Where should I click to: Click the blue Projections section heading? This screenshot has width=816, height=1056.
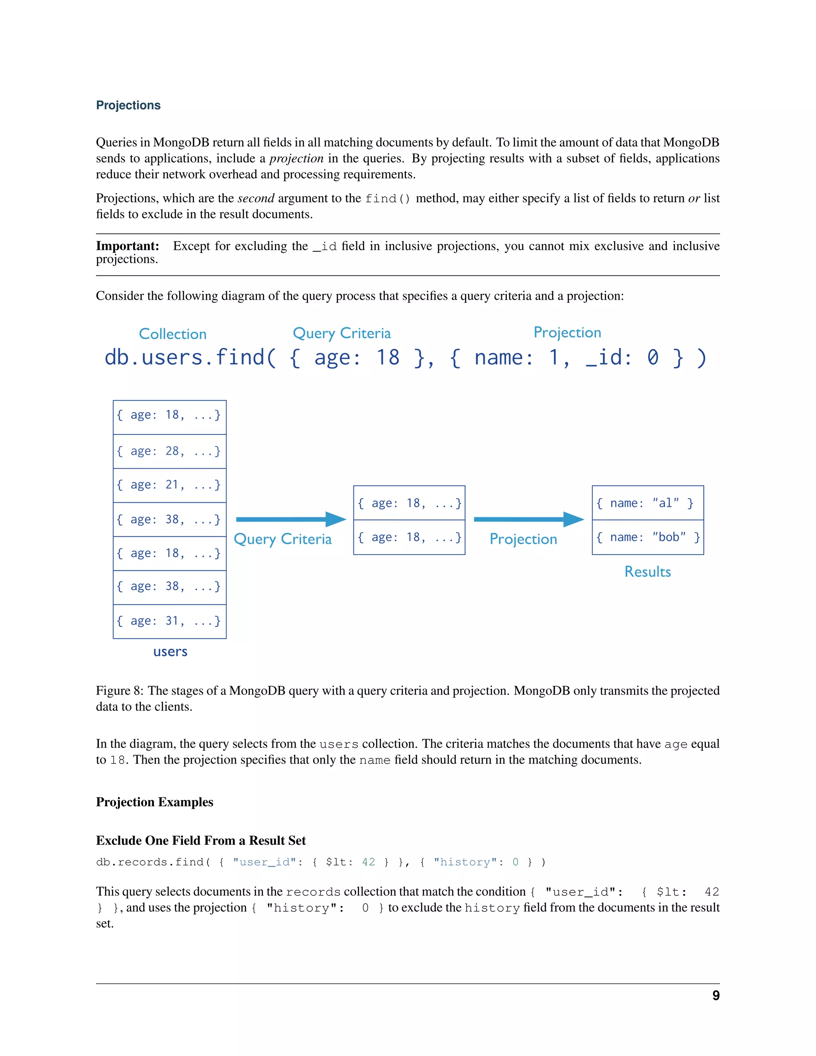coord(128,106)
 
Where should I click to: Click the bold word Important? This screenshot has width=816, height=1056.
coord(127,246)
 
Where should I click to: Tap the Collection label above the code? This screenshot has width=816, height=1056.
coord(173,334)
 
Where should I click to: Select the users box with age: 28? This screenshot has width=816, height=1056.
coord(169,451)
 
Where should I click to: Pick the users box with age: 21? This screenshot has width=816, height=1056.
coord(169,485)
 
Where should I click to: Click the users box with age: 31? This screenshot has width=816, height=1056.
coord(169,621)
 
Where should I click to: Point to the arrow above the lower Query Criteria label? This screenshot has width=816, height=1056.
coord(290,519)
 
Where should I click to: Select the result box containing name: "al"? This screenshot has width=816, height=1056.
coord(647,503)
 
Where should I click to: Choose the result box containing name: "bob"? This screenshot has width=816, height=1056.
coord(647,537)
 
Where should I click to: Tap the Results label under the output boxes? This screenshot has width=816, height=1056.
coord(647,572)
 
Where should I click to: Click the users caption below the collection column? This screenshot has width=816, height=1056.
coord(170,652)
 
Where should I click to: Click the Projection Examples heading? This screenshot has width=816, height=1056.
coord(154,802)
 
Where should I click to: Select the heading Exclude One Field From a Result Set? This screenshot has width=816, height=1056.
coord(201,841)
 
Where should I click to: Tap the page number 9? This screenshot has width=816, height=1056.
coord(716,995)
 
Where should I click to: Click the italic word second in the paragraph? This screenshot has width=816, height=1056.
coord(256,198)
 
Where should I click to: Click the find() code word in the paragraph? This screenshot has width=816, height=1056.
coord(388,199)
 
